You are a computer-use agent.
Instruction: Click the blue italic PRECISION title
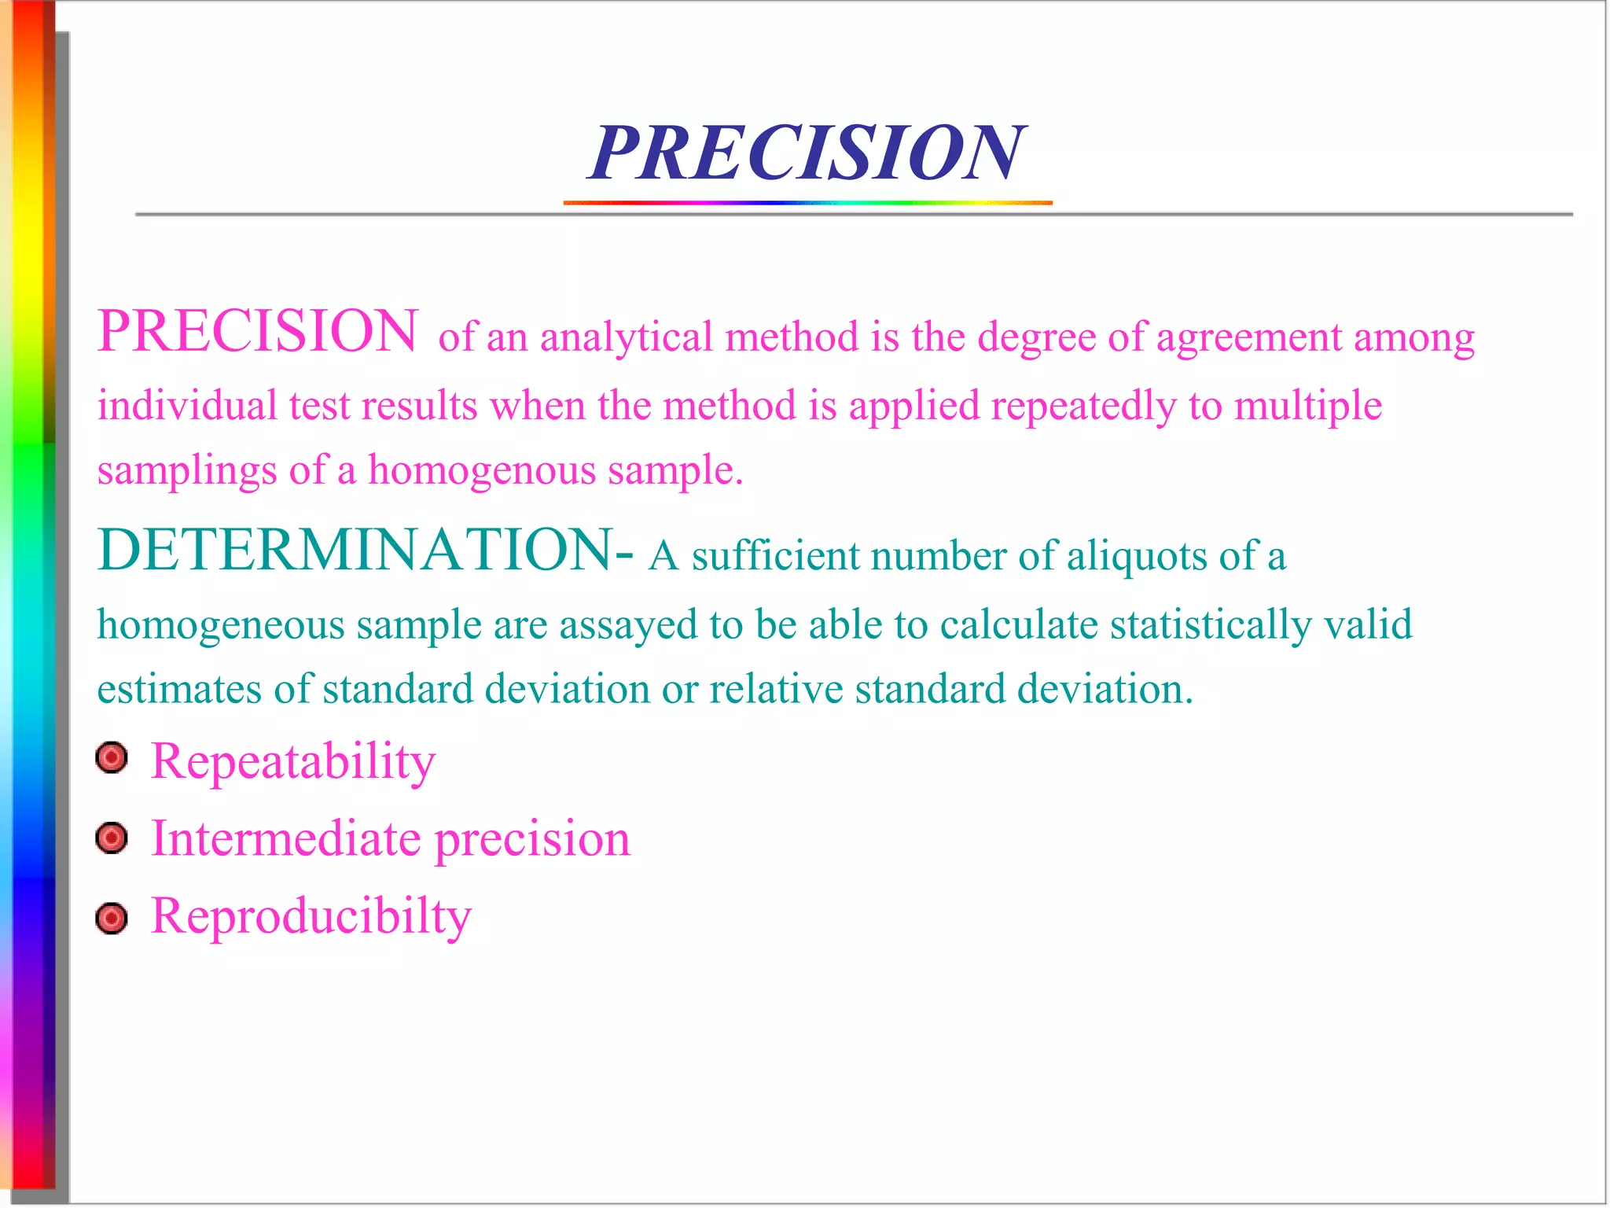tap(807, 153)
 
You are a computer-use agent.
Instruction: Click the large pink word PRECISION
tap(258, 331)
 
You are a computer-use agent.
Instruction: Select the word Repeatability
tap(292, 761)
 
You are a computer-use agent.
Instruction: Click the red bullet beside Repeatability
tap(112, 758)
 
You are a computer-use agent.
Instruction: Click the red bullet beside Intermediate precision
tap(112, 838)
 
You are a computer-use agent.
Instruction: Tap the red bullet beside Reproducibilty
tap(112, 918)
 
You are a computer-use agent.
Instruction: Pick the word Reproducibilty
tap(311, 917)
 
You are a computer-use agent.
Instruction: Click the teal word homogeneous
tap(221, 626)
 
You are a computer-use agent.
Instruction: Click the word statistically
tap(1211, 626)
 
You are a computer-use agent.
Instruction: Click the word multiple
tap(1308, 407)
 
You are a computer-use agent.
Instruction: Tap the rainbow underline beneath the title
tap(807, 203)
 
